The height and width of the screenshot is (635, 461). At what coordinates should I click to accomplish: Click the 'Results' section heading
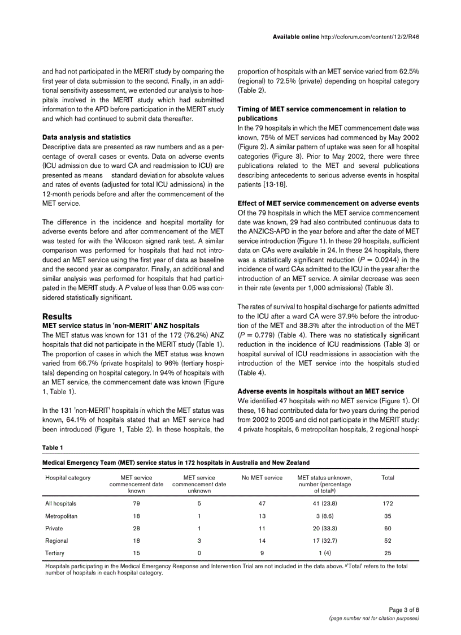(57, 317)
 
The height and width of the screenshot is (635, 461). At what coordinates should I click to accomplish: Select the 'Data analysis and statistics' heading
(86, 137)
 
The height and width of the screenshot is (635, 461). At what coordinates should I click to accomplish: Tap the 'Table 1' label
(53, 448)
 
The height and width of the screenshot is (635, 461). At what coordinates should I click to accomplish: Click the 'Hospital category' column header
(68, 478)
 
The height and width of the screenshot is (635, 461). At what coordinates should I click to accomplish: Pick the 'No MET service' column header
(262, 478)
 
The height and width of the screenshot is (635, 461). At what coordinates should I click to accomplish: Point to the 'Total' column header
(388, 478)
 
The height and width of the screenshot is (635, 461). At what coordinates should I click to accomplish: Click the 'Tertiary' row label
(55, 553)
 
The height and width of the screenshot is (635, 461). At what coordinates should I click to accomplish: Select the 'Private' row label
(54, 528)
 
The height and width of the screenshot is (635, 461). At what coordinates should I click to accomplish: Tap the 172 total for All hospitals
(388, 503)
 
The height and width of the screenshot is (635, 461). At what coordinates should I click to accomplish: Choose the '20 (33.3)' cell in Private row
(325, 528)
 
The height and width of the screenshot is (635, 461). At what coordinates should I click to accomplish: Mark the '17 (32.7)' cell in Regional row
(325, 541)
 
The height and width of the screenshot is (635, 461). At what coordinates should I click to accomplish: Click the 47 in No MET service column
(262, 503)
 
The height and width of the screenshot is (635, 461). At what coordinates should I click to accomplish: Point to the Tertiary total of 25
(388, 553)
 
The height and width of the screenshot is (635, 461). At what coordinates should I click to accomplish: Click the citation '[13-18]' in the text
(273, 185)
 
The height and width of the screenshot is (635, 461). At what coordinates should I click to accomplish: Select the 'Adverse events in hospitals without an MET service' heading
(320, 391)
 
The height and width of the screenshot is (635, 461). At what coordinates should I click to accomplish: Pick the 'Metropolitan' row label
(62, 516)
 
